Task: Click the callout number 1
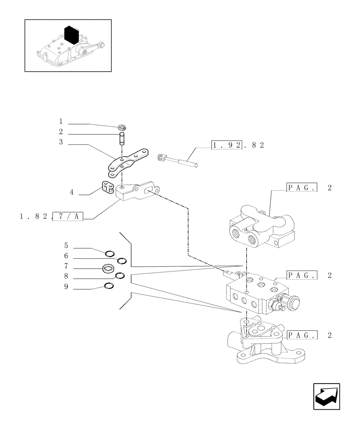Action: [x=61, y=122]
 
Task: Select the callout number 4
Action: [x=72, y=193]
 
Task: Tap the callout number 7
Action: [x=66, y=267]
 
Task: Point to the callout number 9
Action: [x=66, y=287]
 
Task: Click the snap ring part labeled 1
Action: [x=123, y=127]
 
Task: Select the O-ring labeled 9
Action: [x=109, y=287]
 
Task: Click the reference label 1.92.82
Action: [x=238, y=145]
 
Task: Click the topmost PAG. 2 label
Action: [x=308, y=188]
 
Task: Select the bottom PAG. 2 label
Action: [x=308, y=335]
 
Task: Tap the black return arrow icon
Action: [x=327, y=397]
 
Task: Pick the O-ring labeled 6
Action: [x=122, y=260]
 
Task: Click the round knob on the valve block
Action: [x=293, y=303]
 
